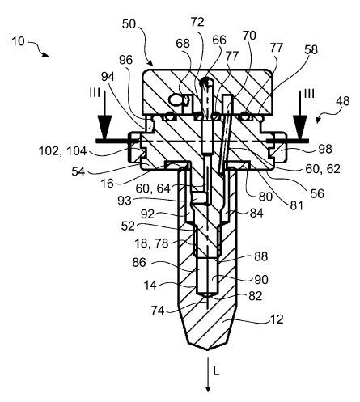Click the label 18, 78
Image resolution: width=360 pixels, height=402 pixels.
(x=154, y=242)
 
